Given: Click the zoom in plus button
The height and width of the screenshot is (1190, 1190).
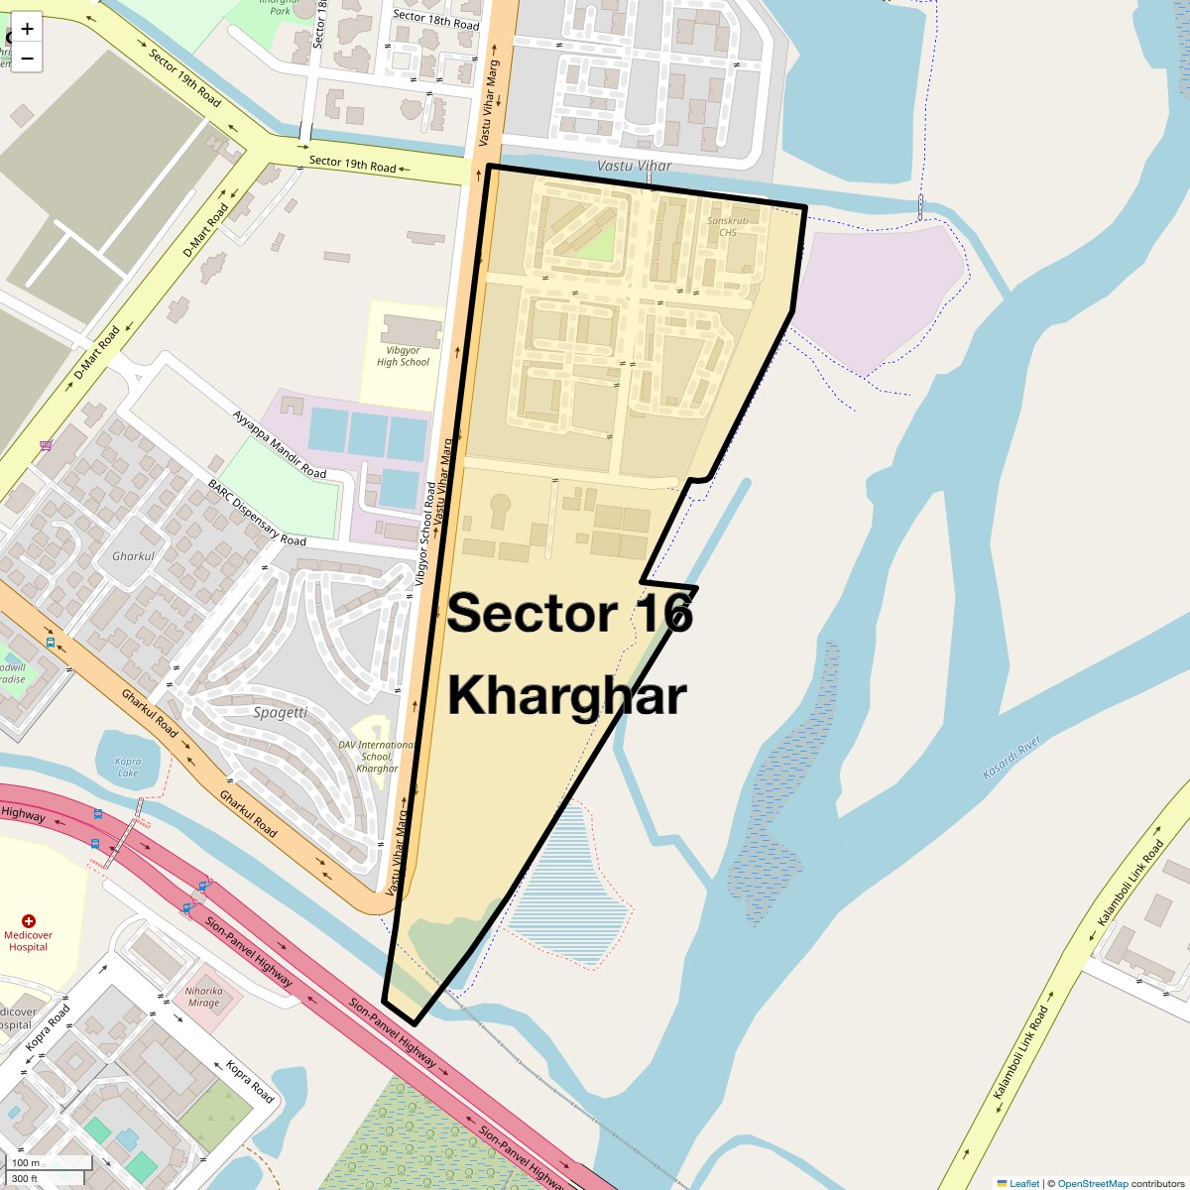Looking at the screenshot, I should click(x=27, y=29).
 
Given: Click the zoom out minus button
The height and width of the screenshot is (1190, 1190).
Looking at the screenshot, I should click(x=27, y=59).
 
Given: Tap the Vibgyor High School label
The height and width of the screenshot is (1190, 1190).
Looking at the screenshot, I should click(x=403, y=356).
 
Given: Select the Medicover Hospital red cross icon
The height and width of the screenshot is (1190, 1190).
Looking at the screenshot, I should click(x=29, y=921).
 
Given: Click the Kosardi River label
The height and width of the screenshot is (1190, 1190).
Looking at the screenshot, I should click(x=1011, y=757).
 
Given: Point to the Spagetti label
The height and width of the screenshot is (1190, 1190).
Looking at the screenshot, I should click(x=280, y=712).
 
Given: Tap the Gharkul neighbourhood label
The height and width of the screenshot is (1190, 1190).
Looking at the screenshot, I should click(x=133, y=556).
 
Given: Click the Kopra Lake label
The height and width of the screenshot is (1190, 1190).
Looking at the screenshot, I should click(x=128, y=767).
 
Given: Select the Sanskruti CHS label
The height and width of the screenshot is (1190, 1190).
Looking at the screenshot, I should click(x=728, y=226).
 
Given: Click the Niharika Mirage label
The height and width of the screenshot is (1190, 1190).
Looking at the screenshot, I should click(x=203, y=997).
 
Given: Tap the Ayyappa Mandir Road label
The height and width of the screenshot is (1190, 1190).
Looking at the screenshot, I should click(x=279, y=443).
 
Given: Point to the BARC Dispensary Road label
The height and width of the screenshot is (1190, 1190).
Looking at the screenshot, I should click(x=257, y=513).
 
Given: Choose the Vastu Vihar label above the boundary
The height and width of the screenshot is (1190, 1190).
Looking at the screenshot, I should click(x=635, y=166).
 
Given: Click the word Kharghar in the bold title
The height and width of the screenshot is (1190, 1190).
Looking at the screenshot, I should click(x=566, y=695).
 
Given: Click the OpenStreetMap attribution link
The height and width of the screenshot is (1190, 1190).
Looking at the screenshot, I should click(x=1092, y=1183).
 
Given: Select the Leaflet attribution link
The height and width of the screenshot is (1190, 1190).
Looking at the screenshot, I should click(x=1024, y=1183).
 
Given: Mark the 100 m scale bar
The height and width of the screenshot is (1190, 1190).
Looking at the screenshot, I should click(x=50, y=1162).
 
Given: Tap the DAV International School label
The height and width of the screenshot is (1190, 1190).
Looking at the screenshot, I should click(x=377, y=756).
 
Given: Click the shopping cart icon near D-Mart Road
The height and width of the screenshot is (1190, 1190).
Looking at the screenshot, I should click(x=46, y=445).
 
